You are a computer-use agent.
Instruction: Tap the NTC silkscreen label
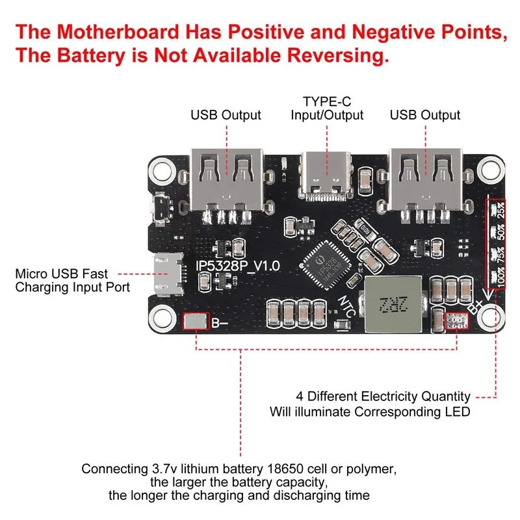pos(346,305)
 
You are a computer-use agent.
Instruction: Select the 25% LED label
pos(501,212)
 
